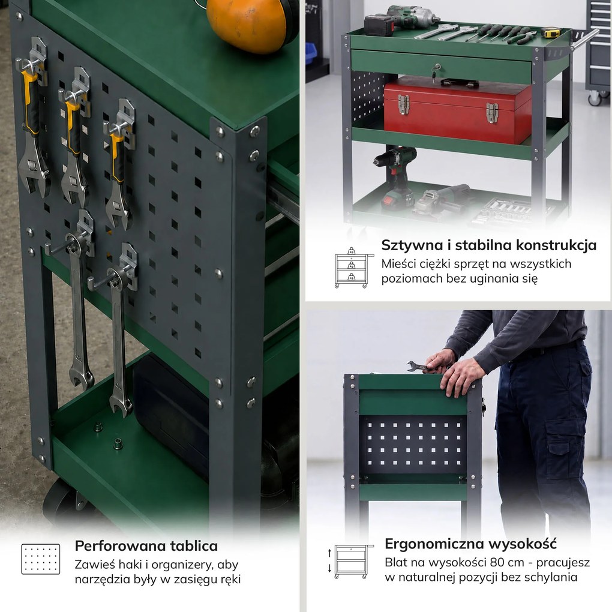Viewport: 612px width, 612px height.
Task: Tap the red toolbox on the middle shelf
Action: click(x=457, y=110)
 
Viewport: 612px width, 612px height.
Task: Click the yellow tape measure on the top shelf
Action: click(x=552, y=32)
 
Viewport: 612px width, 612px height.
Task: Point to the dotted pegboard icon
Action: click(x=41, y=559)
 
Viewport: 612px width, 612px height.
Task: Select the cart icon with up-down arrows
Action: click(x=350, y=562)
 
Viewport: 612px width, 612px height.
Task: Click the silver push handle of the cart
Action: click(x=584, y=39)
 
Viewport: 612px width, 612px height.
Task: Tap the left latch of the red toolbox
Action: click(x=404, y=104)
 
